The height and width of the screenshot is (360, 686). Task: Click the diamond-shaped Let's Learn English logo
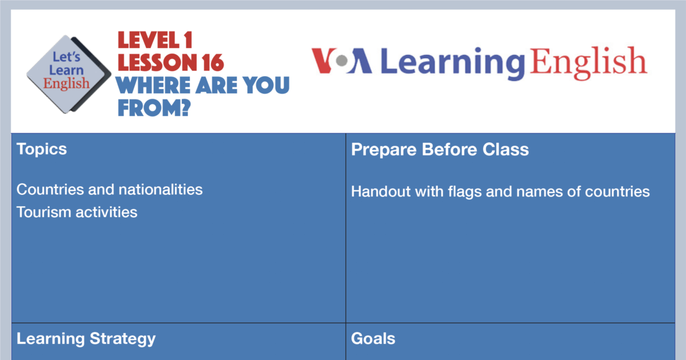[x=68, y=74]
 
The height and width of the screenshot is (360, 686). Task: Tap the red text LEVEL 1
[x=155, y=40]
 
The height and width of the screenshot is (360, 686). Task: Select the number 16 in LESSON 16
[x=213, y=63]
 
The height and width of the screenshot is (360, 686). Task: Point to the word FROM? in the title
[x=154, y=108]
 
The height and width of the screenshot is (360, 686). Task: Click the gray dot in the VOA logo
[x=342, y=61]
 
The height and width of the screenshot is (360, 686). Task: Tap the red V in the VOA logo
[x=324, y=61]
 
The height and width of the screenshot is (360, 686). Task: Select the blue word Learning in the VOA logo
[x=453, y=63]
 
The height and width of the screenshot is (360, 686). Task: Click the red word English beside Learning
[x=589, y=62]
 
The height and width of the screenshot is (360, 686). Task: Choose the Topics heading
[x=42, y=149]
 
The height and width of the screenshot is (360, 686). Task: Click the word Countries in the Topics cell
[x=50, y=190]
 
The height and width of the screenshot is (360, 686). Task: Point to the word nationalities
[x=161, y=190]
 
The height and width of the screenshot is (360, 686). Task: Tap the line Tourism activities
[x=77, y=212]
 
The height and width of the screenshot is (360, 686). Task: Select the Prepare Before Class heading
[x=440, y=149]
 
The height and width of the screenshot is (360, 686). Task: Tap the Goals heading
[x=373, y=338]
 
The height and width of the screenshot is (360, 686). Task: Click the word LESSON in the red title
[x=157, y=63]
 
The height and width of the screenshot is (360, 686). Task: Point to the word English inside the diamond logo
[x=66, y=84]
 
